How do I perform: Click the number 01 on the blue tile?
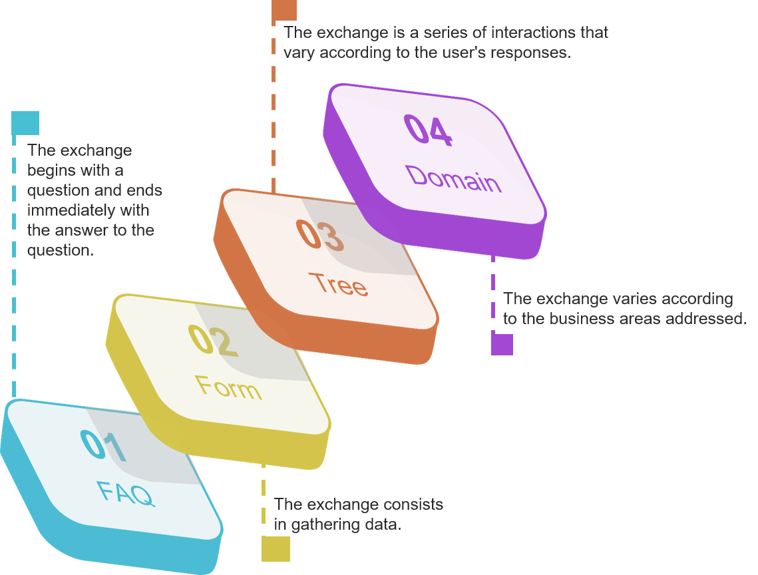pos(103,445)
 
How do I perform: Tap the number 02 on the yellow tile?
pos(213,341)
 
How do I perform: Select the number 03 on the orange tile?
pos(320,235)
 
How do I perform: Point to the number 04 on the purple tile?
pos(429,130)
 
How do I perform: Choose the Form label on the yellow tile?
pos(229,387)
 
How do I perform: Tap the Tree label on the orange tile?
pos(338,284)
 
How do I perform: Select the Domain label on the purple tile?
pos(453,179)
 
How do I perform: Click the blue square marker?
pos(25,123)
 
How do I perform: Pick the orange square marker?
pos(284,10)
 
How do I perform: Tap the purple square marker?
pos(502,344)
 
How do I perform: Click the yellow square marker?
pos(276,549)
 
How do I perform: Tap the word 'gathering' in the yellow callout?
pos(323,524)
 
